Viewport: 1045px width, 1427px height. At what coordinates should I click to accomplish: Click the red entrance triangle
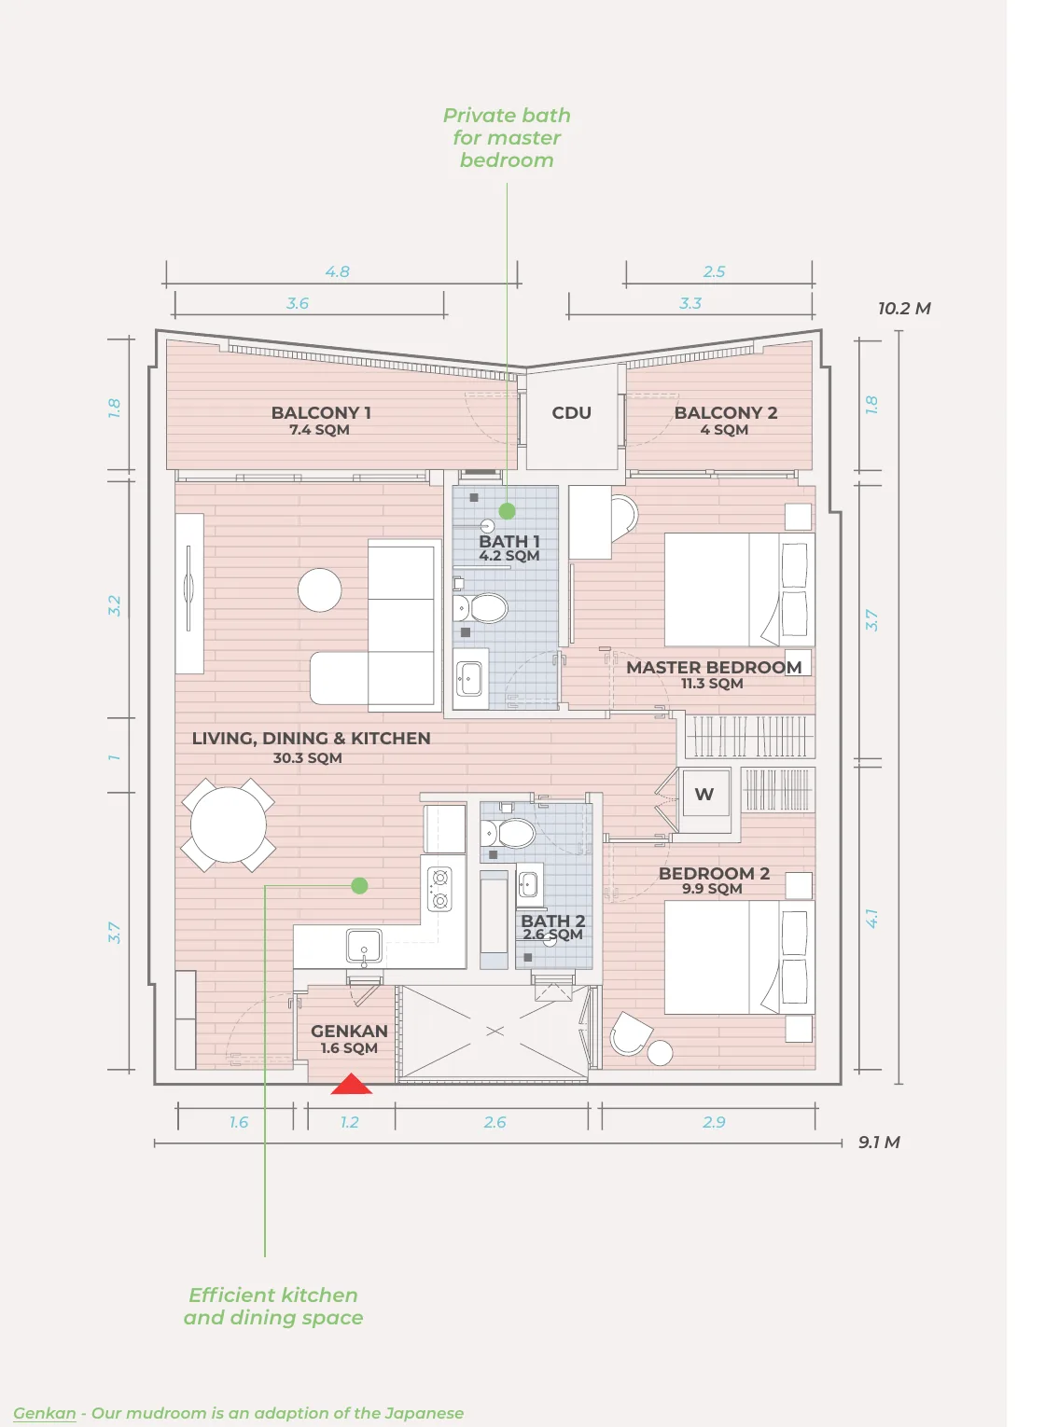click(351, 1084)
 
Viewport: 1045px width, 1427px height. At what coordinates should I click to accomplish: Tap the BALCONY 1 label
click(321, 413)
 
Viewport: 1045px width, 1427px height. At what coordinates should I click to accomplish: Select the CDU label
click(571, 413)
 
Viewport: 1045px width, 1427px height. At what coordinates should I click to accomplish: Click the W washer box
click(704, 794)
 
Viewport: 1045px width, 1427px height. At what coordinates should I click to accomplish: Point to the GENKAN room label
click(349, 1031)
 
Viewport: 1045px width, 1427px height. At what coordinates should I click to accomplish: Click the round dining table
click(228, 824)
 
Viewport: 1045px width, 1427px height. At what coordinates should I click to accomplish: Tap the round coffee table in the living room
click(319, 589)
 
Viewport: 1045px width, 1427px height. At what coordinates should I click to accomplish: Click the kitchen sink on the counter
click(364, 946)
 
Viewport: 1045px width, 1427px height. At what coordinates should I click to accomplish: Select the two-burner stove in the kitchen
click(439, 889)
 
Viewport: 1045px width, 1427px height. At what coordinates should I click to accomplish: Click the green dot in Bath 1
click(507, 511)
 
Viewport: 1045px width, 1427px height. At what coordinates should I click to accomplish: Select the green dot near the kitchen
click(359, 885)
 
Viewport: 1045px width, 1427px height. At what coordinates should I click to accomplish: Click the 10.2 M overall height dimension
click(904, 309)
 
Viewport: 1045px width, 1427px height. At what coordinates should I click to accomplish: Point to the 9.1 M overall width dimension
click(879, 1143)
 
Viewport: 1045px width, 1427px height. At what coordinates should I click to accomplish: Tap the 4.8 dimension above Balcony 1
click(337, 272)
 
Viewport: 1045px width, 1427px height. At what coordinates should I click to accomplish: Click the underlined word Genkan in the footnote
click(45, 1414)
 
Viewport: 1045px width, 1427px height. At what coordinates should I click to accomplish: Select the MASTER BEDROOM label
click(714, 667)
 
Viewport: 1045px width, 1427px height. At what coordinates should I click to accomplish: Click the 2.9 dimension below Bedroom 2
click(714, 1123)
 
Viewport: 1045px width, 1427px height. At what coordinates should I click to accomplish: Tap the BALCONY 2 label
click(726, 413)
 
